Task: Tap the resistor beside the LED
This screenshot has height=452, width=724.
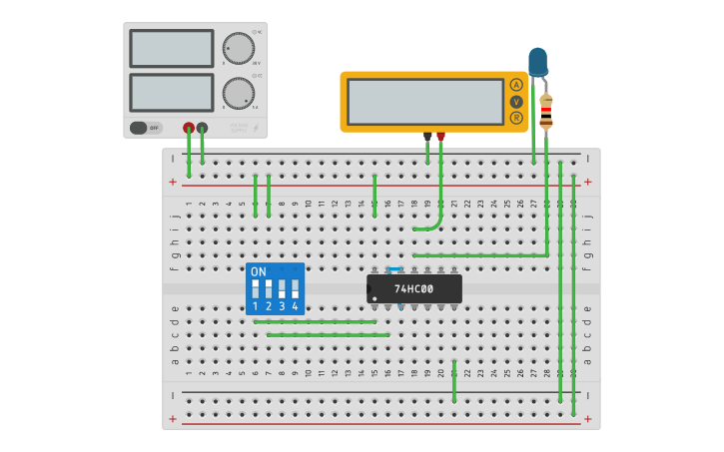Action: coord(545,110)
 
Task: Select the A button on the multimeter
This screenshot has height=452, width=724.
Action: coord(516,85)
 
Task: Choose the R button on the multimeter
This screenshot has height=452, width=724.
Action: coord(516,118)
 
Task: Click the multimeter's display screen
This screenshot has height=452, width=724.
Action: coord(425,101)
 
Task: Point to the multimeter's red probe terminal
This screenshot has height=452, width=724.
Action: coord(440,136)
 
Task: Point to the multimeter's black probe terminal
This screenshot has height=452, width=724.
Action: coord(427,136)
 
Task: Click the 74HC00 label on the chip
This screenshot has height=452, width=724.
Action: coord(413,289)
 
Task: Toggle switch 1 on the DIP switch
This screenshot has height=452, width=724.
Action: coord(256,289)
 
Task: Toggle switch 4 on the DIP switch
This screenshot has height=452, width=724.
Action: coord(295,289)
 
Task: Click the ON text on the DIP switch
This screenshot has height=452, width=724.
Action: coord(259,271)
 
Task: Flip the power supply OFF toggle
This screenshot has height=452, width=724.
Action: coord(146,128)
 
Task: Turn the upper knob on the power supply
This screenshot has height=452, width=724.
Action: coord(238,48)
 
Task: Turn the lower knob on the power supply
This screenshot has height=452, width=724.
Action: coord(238,93)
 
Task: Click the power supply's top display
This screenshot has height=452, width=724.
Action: coord(171,48)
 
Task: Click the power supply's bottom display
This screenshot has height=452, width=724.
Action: coord(171,93)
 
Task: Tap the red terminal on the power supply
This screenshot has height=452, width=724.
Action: coord(189,128)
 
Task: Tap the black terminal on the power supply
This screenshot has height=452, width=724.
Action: coord(202,128)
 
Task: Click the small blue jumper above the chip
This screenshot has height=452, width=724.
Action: coord(394,269)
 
